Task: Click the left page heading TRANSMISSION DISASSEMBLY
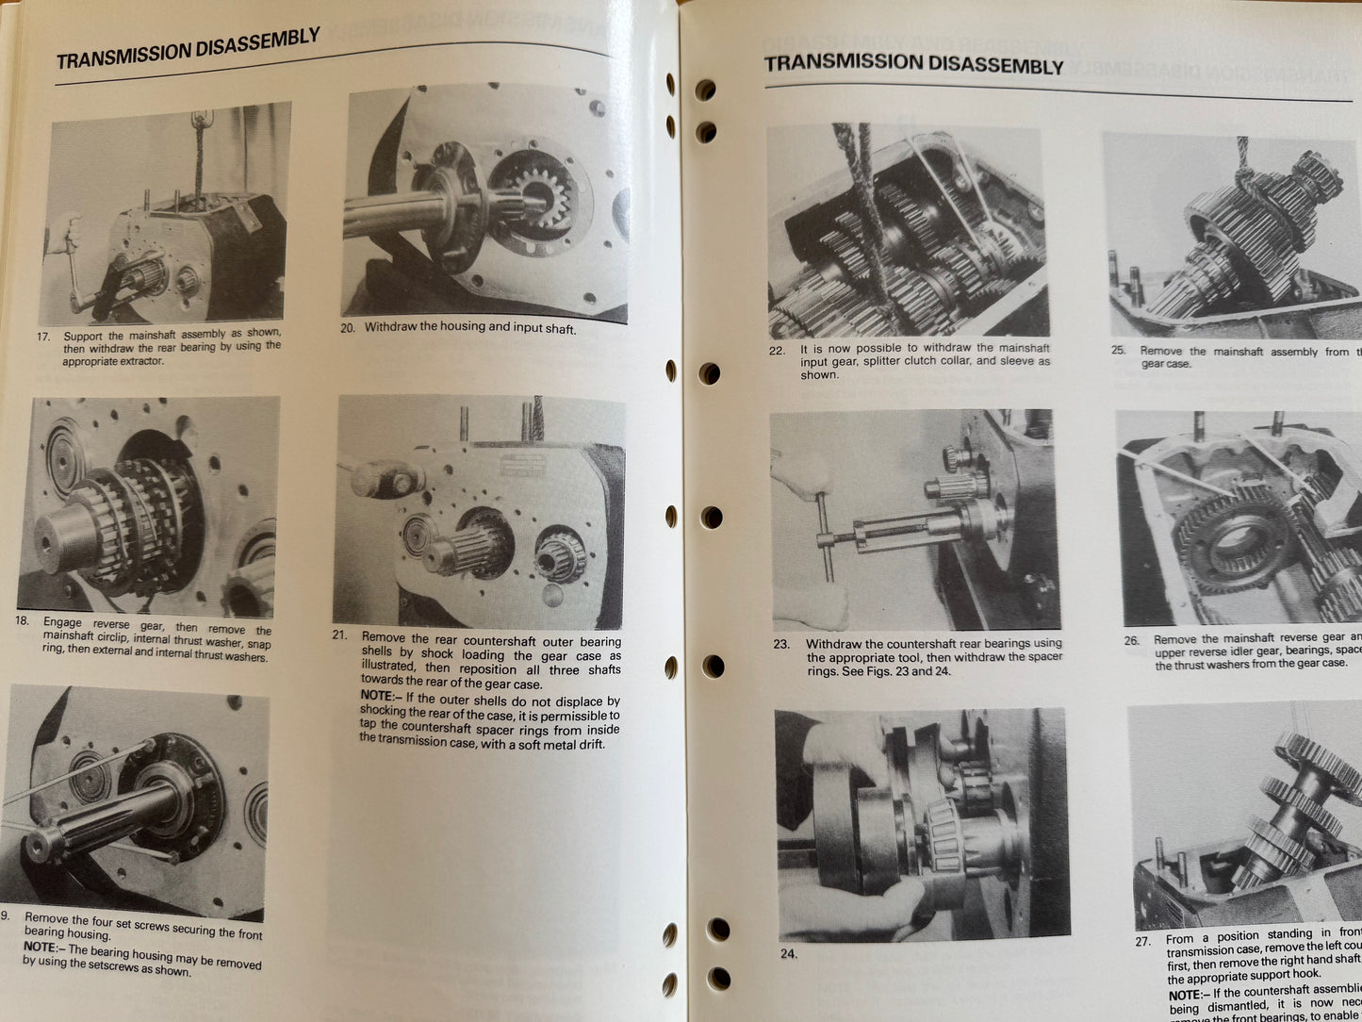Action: click(188, 49)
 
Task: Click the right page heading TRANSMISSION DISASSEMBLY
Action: click(913, 64)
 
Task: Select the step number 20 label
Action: click(347, 329)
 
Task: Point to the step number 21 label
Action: click(341, 635)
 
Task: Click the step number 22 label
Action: click(777, 350)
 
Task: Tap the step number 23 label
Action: click(781, 645)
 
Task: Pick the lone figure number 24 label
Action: click(788, 953)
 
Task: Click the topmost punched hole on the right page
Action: click(704, 91)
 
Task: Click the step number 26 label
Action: click(1131, 640)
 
